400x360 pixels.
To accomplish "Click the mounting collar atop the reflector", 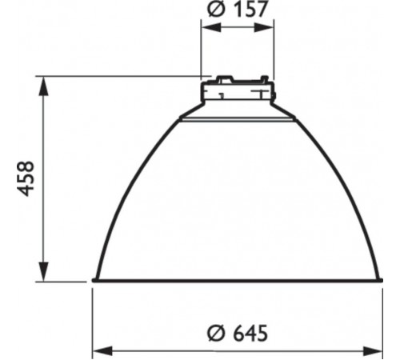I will pos(237,94).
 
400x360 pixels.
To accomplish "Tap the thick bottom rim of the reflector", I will pos(237,281).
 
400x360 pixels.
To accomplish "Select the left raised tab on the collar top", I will pos(218,78).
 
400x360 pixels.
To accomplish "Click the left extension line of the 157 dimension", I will pos(201,48).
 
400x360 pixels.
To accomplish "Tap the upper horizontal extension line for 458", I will pos(120,77).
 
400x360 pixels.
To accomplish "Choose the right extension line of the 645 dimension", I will pos(382,320).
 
